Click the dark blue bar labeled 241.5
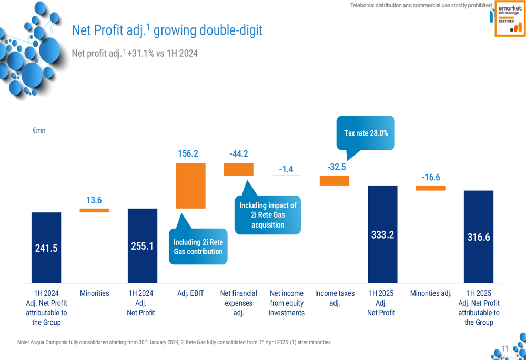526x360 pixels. [46, 248]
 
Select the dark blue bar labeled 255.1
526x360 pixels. [143, 245]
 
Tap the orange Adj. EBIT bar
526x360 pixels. [190, 186]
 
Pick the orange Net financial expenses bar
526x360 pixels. [239, 169]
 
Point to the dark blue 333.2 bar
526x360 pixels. [382, 234]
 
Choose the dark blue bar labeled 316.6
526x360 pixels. [479, 236]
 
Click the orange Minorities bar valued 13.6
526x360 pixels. [95, 210]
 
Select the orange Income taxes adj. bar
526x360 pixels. [335, 181]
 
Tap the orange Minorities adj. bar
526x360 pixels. [430, 188]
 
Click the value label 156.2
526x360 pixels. [188, 153]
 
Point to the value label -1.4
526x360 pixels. [286, 169]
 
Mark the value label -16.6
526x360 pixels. [430, 178]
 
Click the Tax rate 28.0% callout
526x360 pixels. [366, 133]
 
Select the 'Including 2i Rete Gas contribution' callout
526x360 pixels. [198, 246]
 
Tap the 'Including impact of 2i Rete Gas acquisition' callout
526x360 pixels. [268, 215]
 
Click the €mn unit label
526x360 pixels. [39, 130]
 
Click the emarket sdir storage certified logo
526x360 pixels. [509, 20]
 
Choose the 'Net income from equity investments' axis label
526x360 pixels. [287, 303]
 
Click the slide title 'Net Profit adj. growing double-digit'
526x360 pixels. [167, 30]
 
